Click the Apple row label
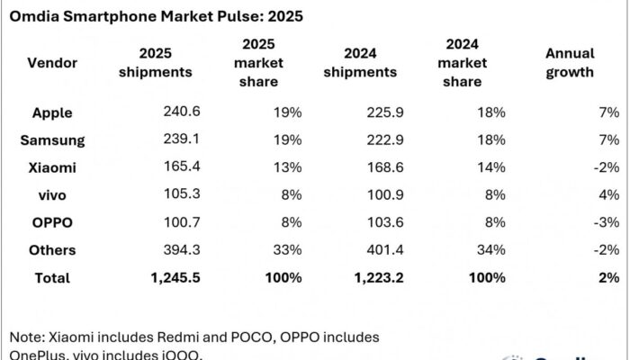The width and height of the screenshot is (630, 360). [52, 113]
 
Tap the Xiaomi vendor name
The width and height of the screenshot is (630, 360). [53, 167]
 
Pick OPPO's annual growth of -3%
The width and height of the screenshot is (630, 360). [607, 222]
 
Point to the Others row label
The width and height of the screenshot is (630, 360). [54, 250]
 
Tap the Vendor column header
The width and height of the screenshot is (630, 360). [52, 62]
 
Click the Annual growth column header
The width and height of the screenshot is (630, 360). [570, 62]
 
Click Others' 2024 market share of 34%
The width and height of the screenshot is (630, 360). [491, 250]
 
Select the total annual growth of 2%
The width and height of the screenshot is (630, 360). [609, 278]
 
